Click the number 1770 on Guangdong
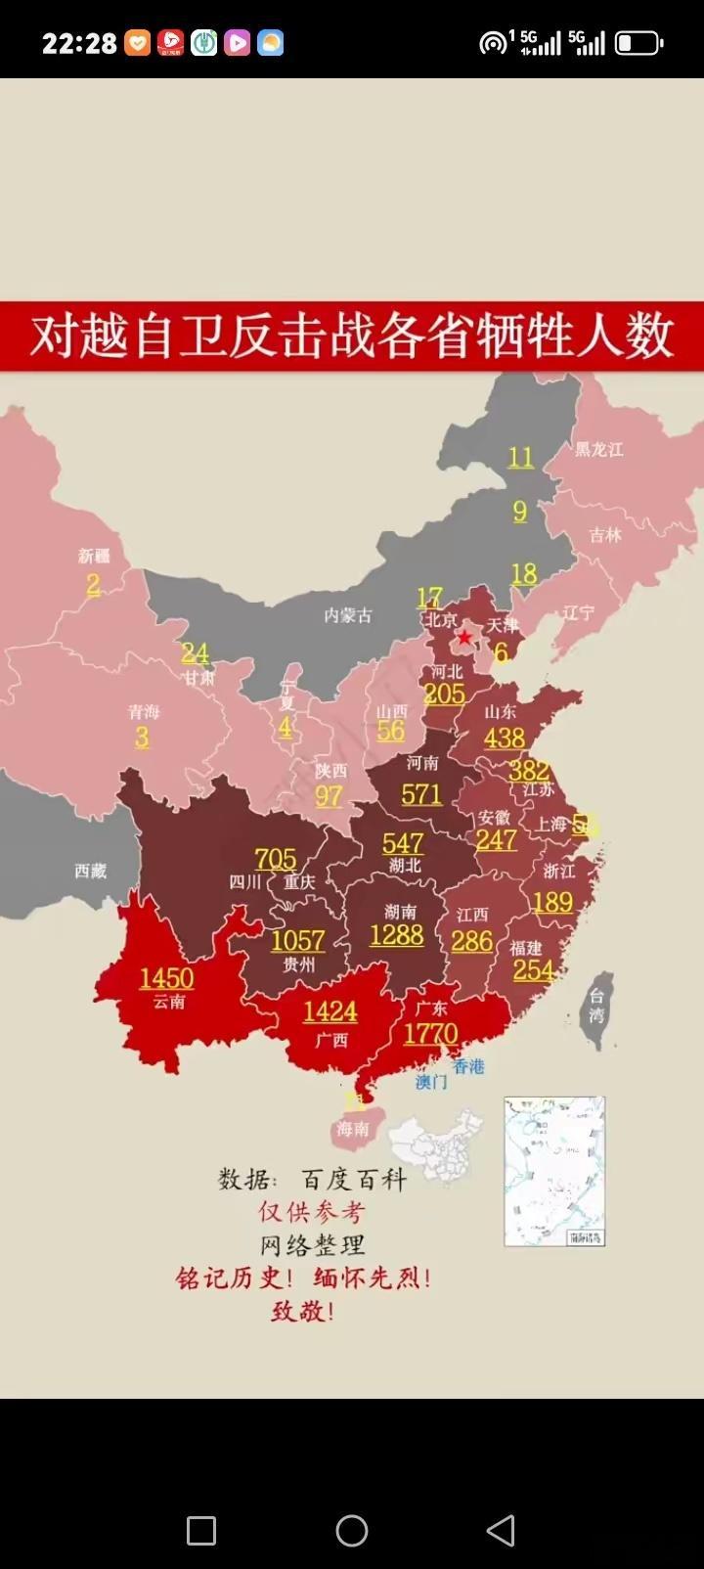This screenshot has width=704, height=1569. click(430, 1034)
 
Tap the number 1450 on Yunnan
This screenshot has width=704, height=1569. click(166, 978)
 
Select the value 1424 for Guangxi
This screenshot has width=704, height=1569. click(330, 1011)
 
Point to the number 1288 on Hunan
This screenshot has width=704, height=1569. click(396, 935)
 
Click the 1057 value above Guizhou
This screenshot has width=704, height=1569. click(297, 940)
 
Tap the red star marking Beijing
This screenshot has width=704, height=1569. click(464, 638)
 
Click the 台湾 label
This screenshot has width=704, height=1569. click(596, 1006)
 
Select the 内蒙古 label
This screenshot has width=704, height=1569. click(348, 615)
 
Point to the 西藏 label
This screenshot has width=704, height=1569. click(91, 871)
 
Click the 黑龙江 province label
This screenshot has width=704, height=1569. click(598, 449)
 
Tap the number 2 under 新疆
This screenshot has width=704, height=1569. click(94, 585)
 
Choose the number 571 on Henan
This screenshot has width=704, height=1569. click(421, 793)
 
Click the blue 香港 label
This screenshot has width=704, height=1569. click(468, 1066)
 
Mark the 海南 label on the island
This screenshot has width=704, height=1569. click(352, 1129)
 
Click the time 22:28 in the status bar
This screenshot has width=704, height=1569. click(79, 43)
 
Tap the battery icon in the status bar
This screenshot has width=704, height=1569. click(638, 43)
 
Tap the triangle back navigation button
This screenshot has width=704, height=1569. click(501, 1530)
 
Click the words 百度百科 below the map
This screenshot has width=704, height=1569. click(353, 1180)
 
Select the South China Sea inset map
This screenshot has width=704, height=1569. click(554, 1171)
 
